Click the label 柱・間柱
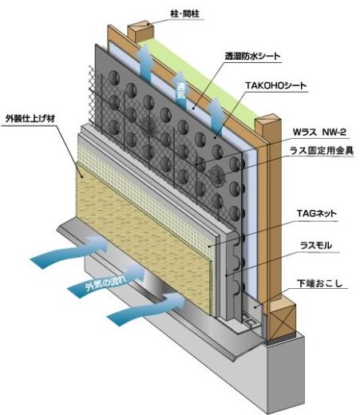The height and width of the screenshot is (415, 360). click(x=184, y=14)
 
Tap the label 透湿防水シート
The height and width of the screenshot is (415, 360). click(x=252, y=56)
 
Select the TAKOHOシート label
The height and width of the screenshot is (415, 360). click(x=275, y=85)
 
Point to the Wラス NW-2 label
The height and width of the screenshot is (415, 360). click(x=319, y=132)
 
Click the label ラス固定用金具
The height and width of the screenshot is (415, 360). click(x=322, y=151)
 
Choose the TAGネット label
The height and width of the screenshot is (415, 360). click(x=316, y=213)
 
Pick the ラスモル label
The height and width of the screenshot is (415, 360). click(x=316, y=245)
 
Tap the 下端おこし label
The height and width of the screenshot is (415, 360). click(x=319, y=283)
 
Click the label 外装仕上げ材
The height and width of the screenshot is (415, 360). click(x=30, y=119)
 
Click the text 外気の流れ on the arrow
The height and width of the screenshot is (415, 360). click(x=106, y=283)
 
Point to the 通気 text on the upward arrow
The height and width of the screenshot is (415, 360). click(x=181, y=91)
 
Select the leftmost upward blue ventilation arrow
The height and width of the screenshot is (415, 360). click(x=146, y=63)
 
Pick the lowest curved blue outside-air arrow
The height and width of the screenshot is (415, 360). click(x=146, y=309)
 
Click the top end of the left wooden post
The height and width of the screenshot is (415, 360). click(x=141, y=26)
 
